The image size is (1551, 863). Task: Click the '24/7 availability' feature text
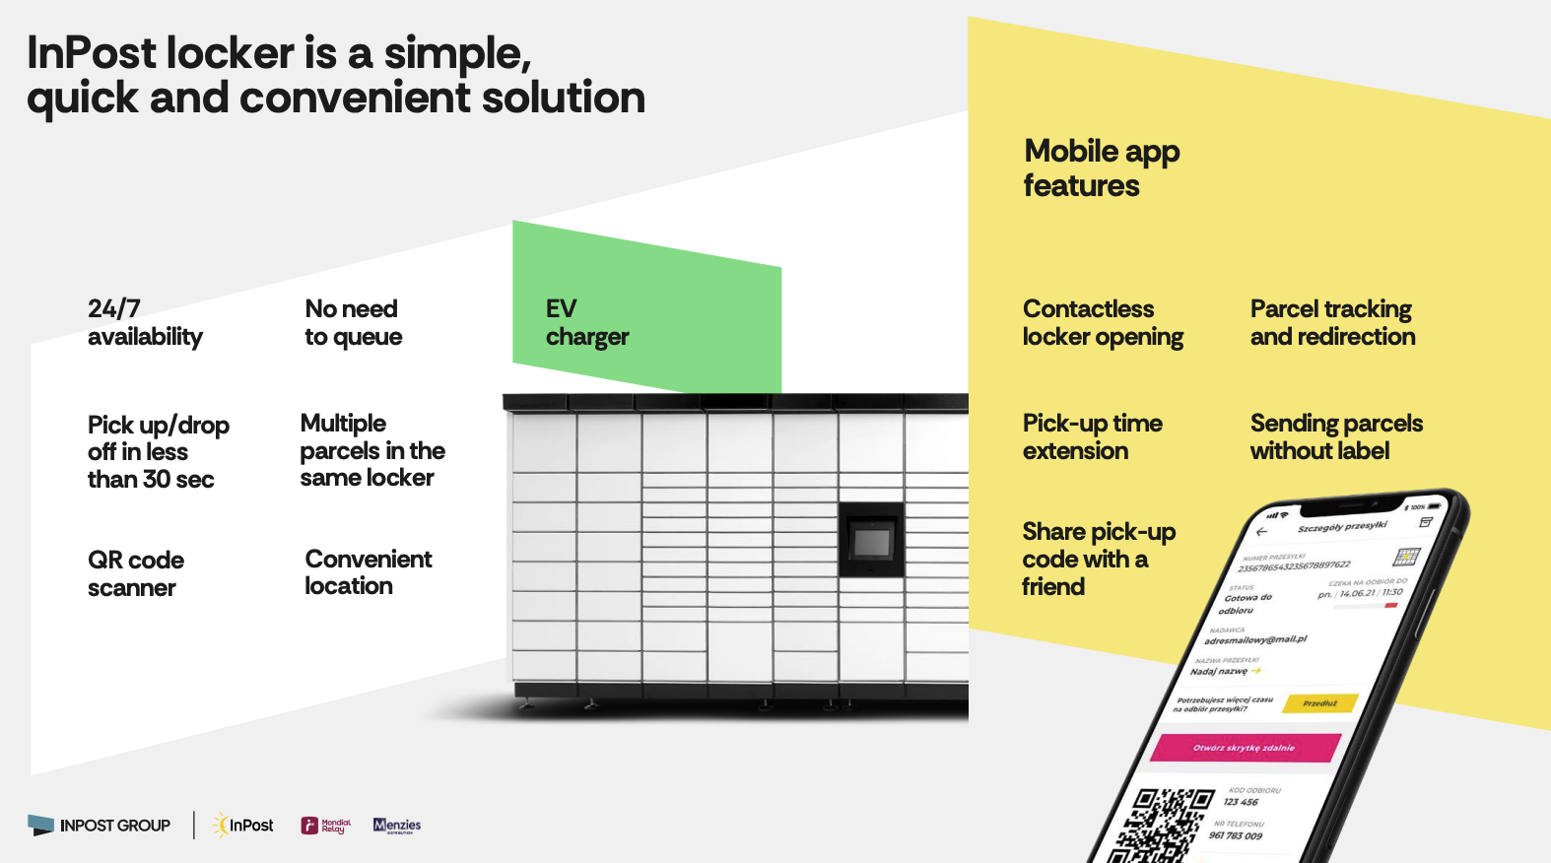pyautogui.click(x=145, y=322)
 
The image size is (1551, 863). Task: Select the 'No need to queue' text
pyautogui.click(x=353, y=322)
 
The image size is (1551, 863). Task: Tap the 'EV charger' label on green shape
pyautogui.click(x=586, y=322)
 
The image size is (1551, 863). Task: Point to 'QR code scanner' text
pyautogui.click(x=135, y=573)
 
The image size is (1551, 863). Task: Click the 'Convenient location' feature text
pyautogui.click(x=368, y=572)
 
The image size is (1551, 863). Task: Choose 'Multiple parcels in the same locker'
pyautogui.click(x=371, y=450)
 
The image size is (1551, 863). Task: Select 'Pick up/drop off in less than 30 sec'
pyautogui.click(x=158, y=451)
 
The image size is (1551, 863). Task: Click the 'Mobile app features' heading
pyautogui.click(x=1101, y=168)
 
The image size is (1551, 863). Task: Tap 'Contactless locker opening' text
pyautogui.click(x=1102, y=322)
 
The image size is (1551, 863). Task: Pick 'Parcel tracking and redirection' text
pyautogui.click(x=1332, y=322)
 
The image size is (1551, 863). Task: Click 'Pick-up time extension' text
pyautogui.click(x=1092, y=436)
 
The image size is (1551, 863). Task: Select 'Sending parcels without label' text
pyautogui.click(x=1336, y=436)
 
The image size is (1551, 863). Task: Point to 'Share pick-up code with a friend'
pyautogui.click(x=1098, y=559)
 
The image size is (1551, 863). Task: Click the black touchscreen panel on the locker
pyautogui.click(x=871, y=540)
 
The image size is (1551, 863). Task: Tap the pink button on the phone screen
pyautogui.click(x=1245, y=748)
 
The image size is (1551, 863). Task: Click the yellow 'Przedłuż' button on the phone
pyautogui.click(x=1319, y=703)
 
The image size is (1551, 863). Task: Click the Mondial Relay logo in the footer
pyautogui.click(x=325, y=826)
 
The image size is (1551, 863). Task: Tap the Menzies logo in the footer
pyautogui.click(x=397, y=826)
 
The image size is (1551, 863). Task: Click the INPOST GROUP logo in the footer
pyautogui.click(x=100, y=826)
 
